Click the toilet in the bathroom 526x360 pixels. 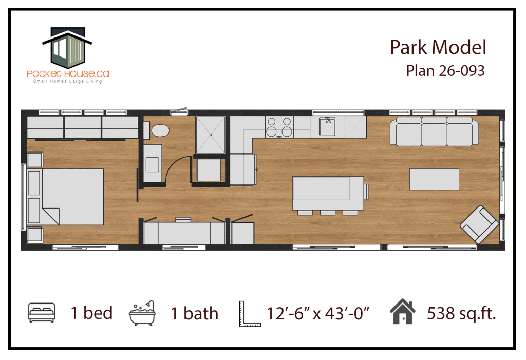[x=158, y=130]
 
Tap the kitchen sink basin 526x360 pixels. [x=327, y=126]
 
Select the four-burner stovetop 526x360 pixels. [x=279, y=127]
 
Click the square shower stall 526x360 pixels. [x=210, y=135]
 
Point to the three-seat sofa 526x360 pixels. [x=434, y=131]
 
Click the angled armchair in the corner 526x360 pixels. [x=479, y=224]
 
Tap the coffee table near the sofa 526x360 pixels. [x=434, y=179]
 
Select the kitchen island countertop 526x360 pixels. [x=328, y=193]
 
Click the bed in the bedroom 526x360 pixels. [x=65, y=197]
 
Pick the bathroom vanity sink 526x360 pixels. [x=152, y=164]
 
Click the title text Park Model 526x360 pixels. [x=438, y=47]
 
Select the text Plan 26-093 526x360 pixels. [x=445, y=71]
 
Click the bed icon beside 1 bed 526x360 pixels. [x=42, y=312]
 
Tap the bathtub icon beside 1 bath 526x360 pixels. [x=142, y=313]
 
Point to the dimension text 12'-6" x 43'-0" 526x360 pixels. [x=317, y=313]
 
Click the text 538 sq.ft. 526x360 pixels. [x=461, y=313]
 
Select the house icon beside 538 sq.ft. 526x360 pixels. [x=403, y=311]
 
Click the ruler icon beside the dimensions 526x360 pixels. [x=250, y=314]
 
